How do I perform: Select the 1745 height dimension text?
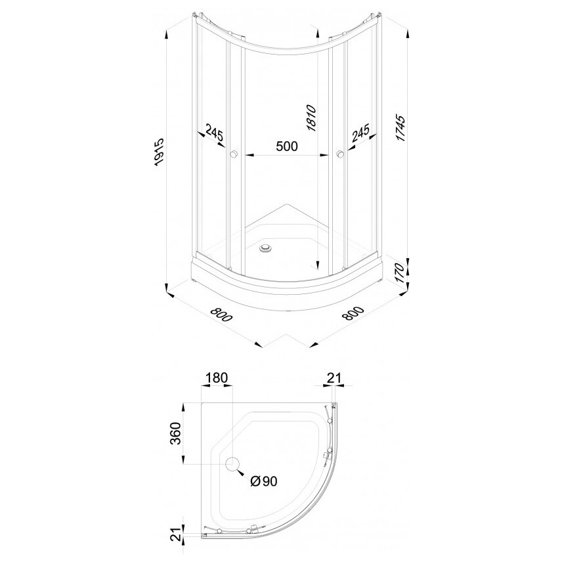400,128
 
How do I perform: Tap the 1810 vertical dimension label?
311,118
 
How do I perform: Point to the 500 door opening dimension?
287,146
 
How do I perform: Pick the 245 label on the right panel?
360,133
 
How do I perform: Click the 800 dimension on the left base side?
221,314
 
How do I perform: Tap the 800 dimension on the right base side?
353,314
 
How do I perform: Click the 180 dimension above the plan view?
217,378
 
